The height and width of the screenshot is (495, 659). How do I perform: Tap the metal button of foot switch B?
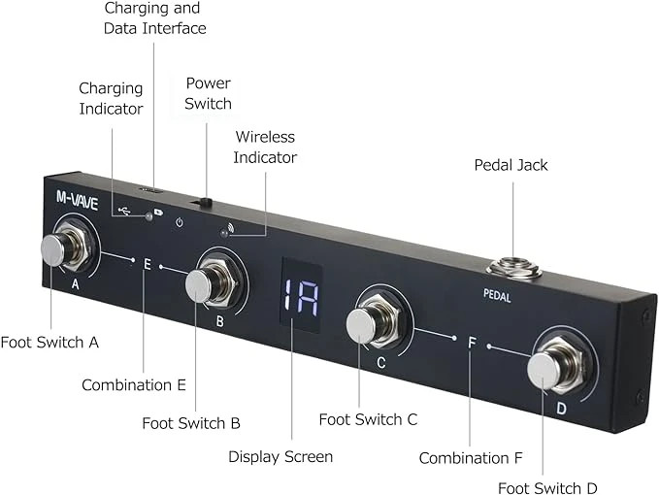coord(200,284)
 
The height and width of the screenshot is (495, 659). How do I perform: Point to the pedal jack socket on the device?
coord(511,265)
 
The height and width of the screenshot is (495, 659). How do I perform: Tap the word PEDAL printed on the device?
coord(496,298)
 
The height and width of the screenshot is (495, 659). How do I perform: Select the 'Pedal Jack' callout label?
coord(511,165)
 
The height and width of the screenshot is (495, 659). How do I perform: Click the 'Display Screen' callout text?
coord(280,456)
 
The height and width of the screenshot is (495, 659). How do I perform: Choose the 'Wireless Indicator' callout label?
coord(265,147)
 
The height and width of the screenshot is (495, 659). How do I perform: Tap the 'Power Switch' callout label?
coord(208,93)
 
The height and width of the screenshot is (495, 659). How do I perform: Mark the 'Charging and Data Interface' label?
coord(155,18)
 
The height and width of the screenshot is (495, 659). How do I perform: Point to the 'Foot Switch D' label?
coord(546,486)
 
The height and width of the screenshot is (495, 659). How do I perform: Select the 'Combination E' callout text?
coord(134,385)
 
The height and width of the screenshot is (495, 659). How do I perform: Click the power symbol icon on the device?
coord(180,222)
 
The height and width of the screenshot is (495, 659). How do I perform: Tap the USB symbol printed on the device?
coord(121,209)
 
